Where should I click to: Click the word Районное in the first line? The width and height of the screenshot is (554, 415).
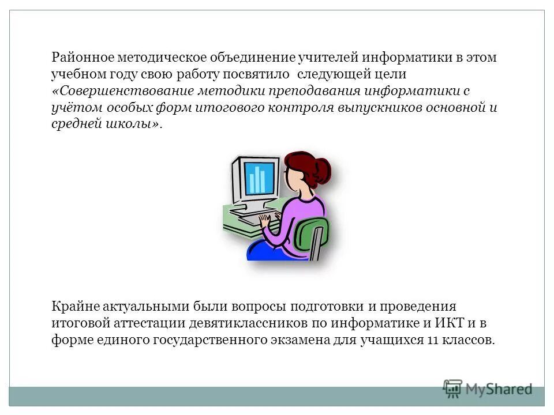82,58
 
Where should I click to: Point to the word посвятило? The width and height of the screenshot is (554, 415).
259,75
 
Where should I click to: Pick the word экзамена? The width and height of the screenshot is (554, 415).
300,340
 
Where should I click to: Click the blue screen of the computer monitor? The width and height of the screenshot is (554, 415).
259,178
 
